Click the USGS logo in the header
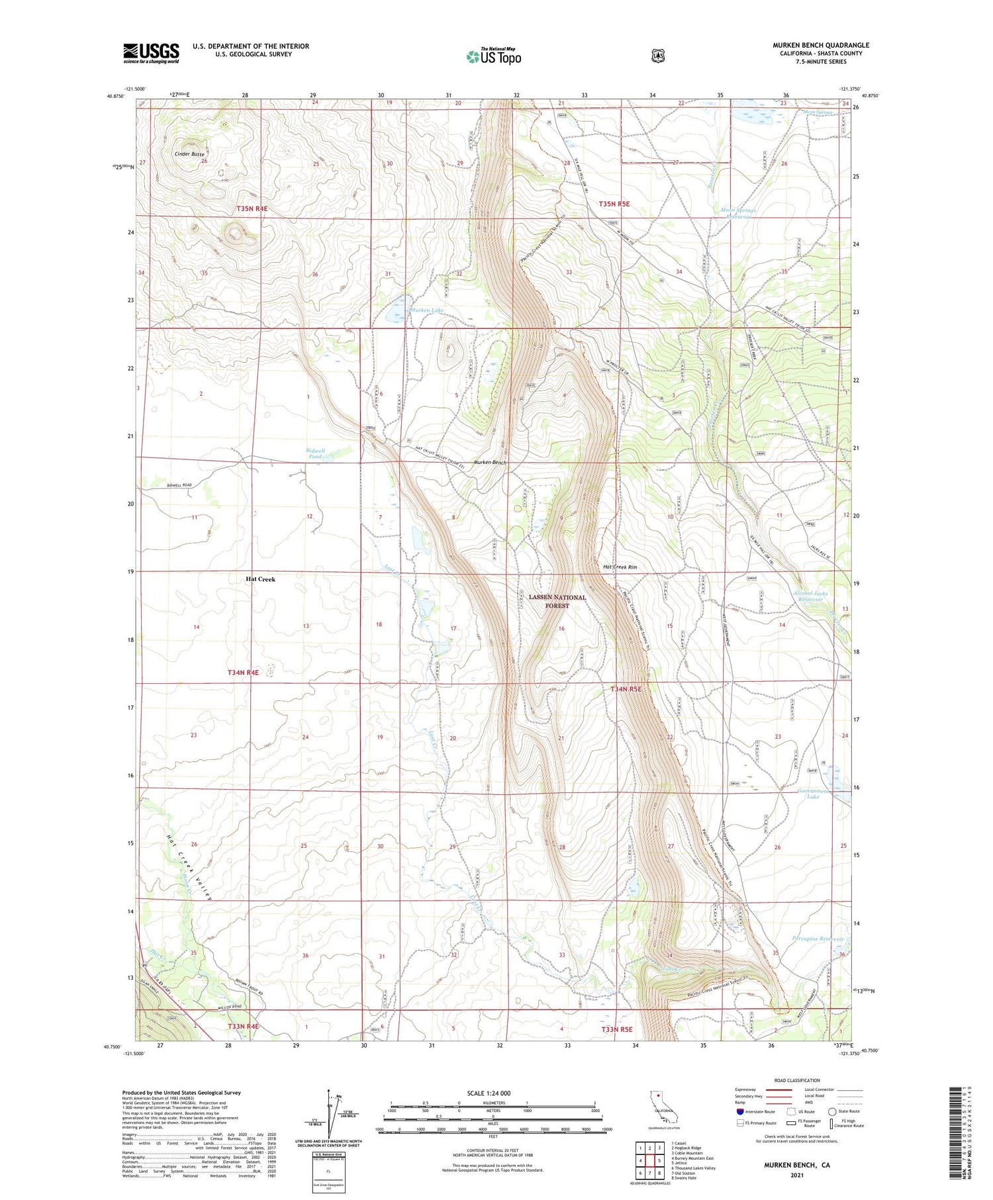[x=151, y=53]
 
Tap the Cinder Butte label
[x=189, y=154]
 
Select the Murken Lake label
[x=427, y=310]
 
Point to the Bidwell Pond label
[x=315, y=453]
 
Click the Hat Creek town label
[x=260, y=579]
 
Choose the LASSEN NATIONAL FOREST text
[x=557, y=601]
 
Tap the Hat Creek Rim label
[x=620, y=567]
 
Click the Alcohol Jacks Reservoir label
[x=810, y=596]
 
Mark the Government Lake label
[x=812, y=794]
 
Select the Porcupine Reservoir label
[x=818, y=939]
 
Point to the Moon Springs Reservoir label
[x=737, y=213]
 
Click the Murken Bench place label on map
[x=490, y=462]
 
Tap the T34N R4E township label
[x=243, y=672]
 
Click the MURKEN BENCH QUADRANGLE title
[x=821, y=45]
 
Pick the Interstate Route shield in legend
[x=739, y=1111]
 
